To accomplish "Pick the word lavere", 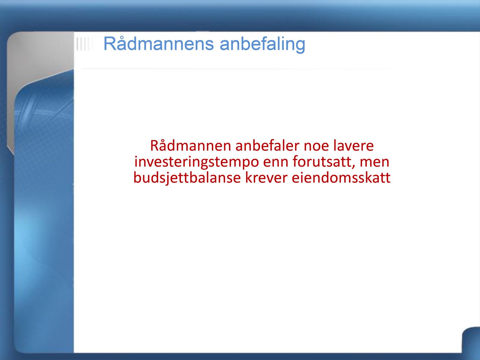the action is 354,146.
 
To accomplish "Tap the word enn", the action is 276,163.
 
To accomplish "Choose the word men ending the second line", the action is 374,163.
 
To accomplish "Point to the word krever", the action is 266,178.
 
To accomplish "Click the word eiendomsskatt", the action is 341,178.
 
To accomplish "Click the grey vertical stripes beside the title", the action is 83,44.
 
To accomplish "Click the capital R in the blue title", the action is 110,44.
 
